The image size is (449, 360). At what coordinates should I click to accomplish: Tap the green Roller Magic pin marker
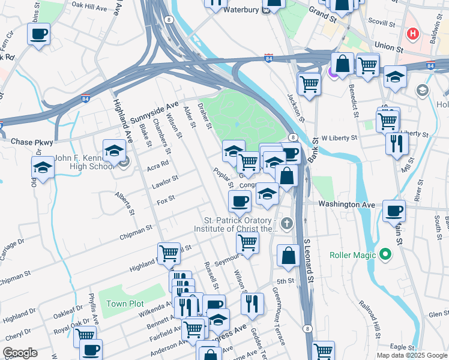(387, 256)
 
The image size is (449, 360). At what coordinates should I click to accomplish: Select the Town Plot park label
(125, 304)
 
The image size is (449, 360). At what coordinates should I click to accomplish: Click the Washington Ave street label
(346, 205)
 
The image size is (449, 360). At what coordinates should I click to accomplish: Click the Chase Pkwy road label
(32, 142)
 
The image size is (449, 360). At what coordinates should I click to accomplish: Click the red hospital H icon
(412, 34)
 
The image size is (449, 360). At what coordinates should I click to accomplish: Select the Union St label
(388, 46)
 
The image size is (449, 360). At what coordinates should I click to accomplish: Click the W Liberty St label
(339, 137)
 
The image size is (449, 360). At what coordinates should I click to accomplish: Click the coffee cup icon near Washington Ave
(394, 210)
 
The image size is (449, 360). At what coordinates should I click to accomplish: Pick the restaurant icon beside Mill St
(397, 143)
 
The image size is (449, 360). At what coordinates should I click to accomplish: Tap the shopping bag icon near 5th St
(289, 254)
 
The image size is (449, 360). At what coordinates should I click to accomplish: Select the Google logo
(20, 353)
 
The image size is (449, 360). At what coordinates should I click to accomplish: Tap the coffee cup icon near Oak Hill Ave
(38, 34)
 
